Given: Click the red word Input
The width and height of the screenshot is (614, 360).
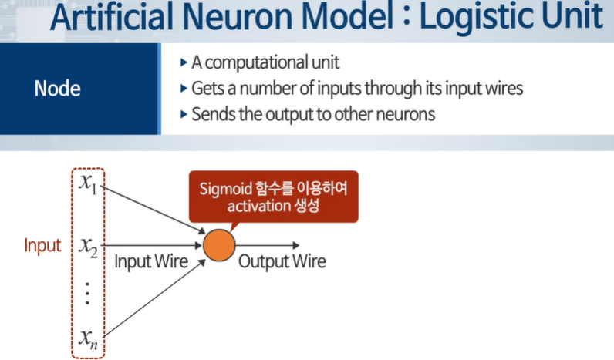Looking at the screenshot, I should click(x=42, y=246).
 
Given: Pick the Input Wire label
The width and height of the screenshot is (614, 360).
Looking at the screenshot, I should click(x=151, y=261).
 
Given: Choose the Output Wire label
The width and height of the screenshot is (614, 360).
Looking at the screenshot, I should click(x=282, y=261).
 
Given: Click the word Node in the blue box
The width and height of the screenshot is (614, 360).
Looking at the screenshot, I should click(x=57, y=89).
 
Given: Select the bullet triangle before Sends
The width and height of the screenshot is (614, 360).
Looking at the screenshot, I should click(x=183, y=114).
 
